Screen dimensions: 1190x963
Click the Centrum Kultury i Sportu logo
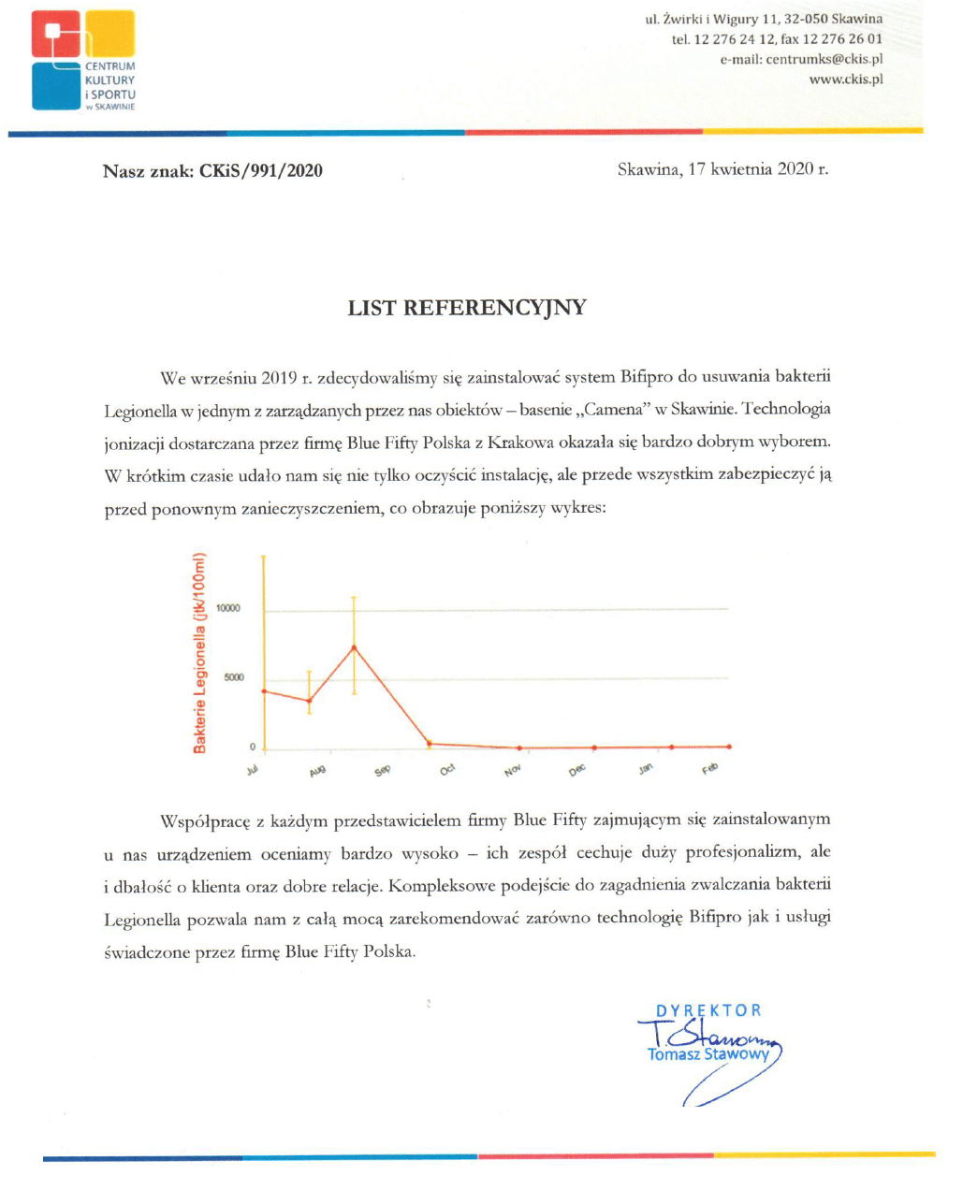83,61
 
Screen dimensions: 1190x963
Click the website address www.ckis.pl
845,80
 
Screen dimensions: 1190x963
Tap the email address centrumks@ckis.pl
824,59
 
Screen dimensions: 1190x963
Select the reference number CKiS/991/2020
260,170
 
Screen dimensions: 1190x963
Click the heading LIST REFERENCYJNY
467,308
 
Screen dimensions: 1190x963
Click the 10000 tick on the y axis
228,608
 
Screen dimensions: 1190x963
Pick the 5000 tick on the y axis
233,677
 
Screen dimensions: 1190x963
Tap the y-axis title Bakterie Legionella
199,652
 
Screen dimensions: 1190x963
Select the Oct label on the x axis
447,769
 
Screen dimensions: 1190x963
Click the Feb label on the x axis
709,769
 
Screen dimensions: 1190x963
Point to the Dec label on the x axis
576,769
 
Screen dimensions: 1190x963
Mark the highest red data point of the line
354,647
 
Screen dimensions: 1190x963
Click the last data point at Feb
728,747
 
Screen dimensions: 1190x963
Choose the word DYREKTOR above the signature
708,1010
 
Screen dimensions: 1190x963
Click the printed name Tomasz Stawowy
708,1054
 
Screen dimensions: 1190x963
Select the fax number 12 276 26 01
842,39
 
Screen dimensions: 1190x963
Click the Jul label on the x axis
252,770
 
